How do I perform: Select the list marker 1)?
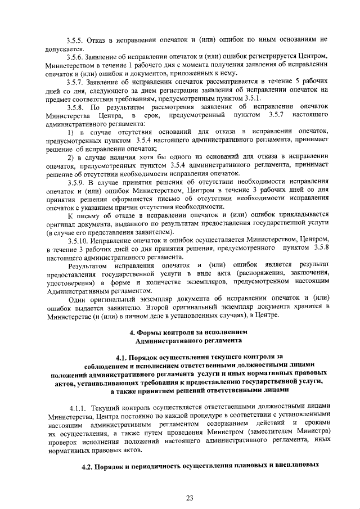tap(71, 131)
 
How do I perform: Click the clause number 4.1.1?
tap(78, 407)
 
